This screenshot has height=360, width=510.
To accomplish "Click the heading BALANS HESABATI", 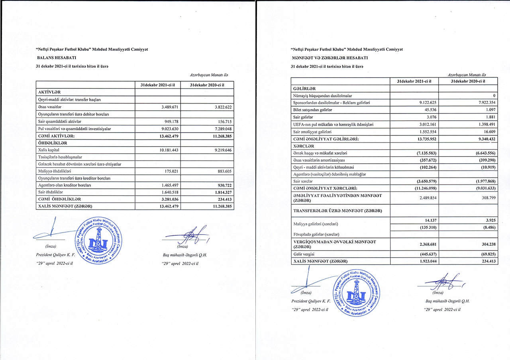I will [54, 58].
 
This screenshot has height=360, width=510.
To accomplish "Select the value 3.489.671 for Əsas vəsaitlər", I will [167, 107].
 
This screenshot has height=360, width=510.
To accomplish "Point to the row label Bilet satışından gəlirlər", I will [313, 110].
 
